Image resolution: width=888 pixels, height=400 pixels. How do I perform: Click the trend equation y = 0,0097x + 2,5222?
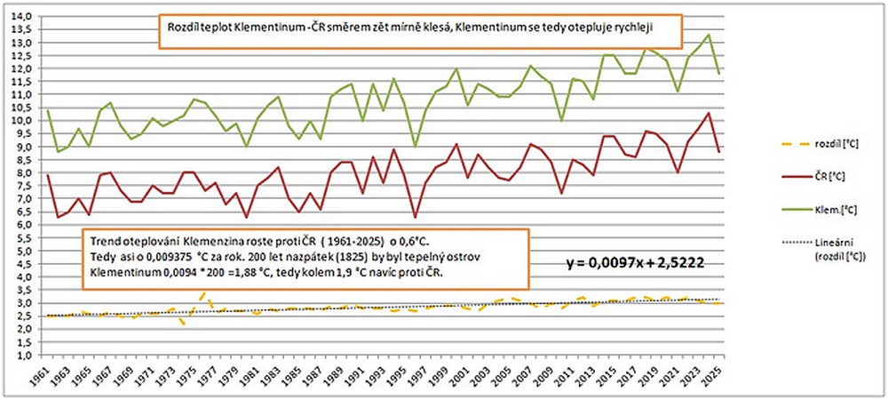point(636,264)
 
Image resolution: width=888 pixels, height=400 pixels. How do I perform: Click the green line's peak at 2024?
point(708,35)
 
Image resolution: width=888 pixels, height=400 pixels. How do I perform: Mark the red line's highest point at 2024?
point(708,113)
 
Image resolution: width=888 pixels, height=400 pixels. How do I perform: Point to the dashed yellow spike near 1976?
point(204,292)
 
